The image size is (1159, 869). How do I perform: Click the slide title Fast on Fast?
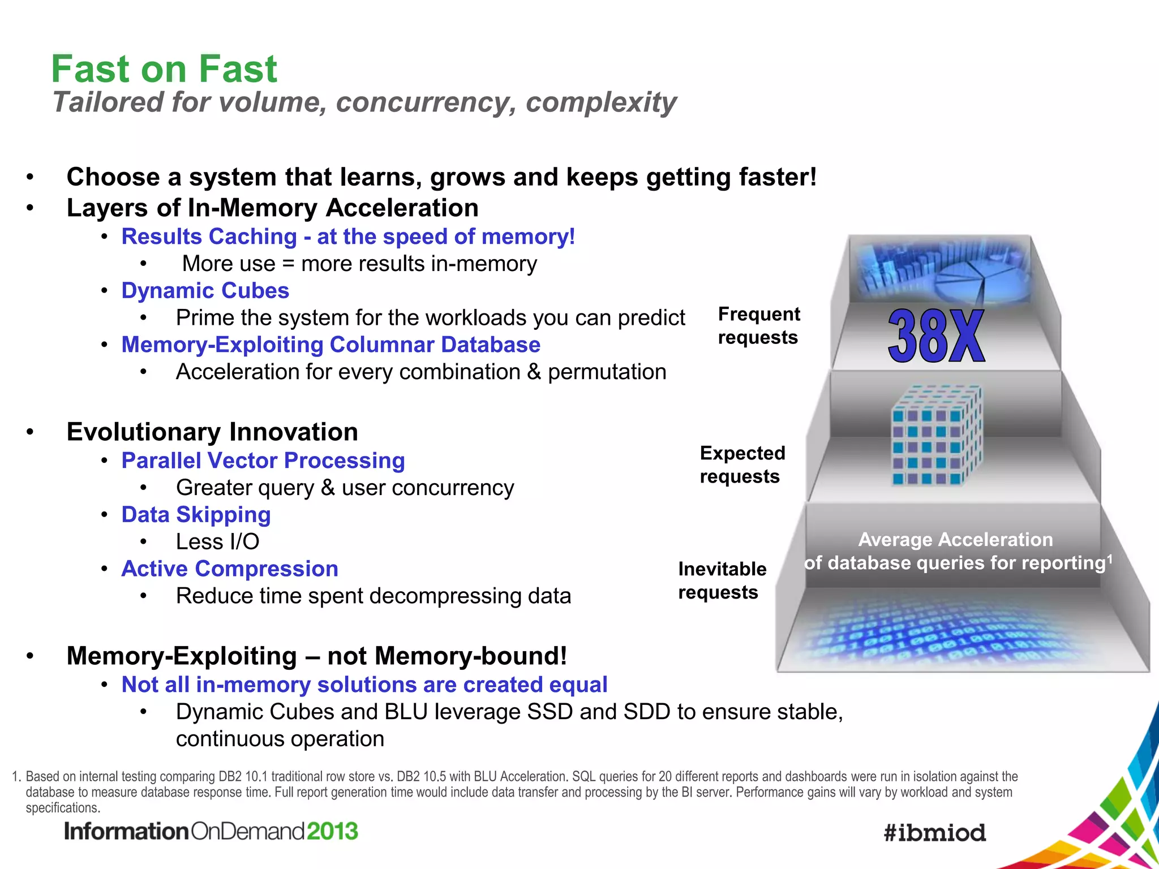[164, 69]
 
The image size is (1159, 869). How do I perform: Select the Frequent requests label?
[758, 325]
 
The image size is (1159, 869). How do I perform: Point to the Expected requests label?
[742, 464]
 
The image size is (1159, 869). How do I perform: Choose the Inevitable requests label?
[722, 580]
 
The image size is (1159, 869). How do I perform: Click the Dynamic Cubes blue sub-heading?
[205, 291]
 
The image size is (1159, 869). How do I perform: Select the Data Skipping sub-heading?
[196, 515]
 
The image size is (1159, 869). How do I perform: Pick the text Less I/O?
[217, 542]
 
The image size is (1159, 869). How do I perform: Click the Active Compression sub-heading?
[230, 569]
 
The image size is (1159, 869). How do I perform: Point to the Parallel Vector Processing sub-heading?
[263, 461]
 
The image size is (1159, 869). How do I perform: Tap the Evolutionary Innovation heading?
[212, 432]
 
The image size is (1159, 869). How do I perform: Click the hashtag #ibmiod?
[935, 833]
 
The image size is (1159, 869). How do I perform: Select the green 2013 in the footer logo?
[332, 832]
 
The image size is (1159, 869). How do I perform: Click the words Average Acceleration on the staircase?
[955, 540]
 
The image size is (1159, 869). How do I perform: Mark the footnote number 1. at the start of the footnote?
[16, 777]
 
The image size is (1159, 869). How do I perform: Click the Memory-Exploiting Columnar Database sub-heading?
[330, 345]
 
